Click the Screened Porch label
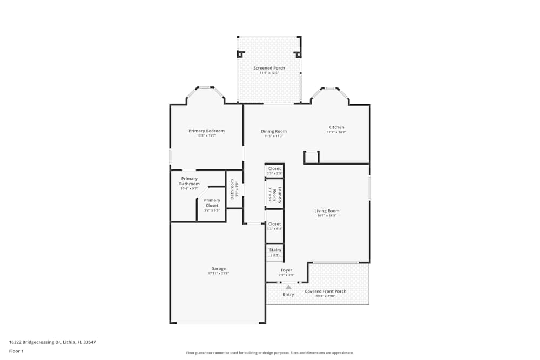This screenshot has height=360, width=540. pos(269,68)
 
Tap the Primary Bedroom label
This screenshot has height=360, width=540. pos(206,131)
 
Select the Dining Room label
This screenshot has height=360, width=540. pos(274,131)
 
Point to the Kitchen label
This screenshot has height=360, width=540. pos(336,127)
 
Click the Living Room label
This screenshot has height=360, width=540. pos(327,210)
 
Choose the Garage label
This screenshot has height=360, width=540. pos(218,268)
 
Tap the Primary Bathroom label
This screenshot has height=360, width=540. pos(190,181)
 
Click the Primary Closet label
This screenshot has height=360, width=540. pos(212,202)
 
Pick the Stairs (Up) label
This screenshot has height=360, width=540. pos(275,252)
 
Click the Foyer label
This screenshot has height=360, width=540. pos(286,270)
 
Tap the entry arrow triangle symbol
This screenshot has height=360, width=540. pos(288,287)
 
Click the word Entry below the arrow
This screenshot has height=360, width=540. pos(288,294)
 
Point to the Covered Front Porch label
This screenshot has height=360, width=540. pos(326,291)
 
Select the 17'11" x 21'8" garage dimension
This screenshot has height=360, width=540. pos(218,273)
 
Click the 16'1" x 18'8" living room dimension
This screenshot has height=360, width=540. pos(327,215)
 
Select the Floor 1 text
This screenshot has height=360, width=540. pos(16,351)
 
